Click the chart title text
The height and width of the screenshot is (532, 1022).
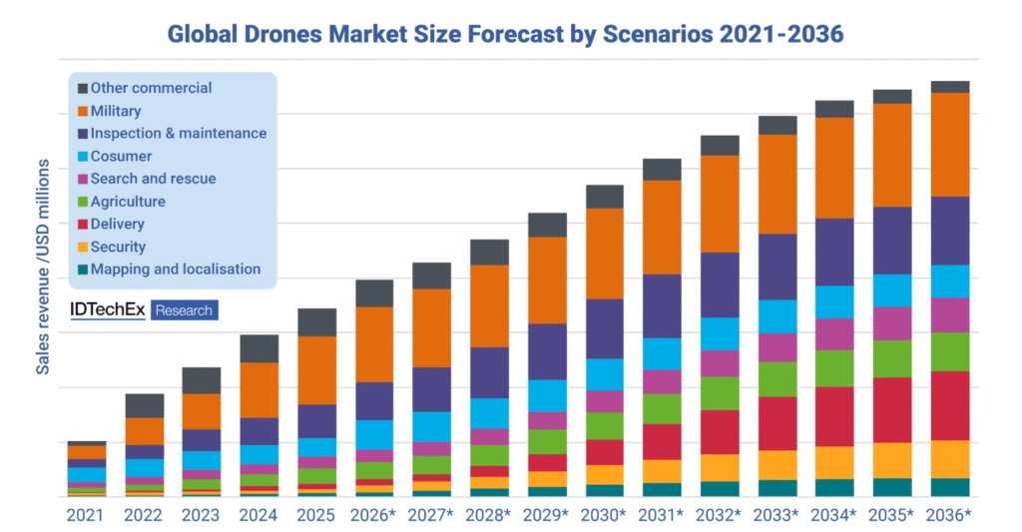505,34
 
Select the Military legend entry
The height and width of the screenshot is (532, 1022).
115,111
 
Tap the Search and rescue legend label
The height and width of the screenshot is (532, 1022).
153,179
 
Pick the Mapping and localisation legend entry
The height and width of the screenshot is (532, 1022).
175,269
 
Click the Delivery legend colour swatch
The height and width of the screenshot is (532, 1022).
83,225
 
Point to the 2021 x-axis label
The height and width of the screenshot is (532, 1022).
87,515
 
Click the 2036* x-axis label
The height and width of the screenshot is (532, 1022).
950,515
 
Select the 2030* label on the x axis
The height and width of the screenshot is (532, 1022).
605,515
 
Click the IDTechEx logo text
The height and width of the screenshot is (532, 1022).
108,309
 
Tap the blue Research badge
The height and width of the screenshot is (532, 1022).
185,310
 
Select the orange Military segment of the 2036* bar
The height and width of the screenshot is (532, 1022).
950,145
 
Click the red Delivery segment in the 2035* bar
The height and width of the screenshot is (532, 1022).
892,409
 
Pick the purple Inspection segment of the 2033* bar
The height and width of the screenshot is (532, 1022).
777,266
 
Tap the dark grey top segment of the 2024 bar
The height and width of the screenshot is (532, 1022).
259,347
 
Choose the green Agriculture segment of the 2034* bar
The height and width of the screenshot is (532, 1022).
834,367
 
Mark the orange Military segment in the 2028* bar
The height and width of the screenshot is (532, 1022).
490,305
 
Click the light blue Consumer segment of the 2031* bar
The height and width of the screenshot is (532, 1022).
662,353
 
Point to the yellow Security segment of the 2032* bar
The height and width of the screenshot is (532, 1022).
720,467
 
